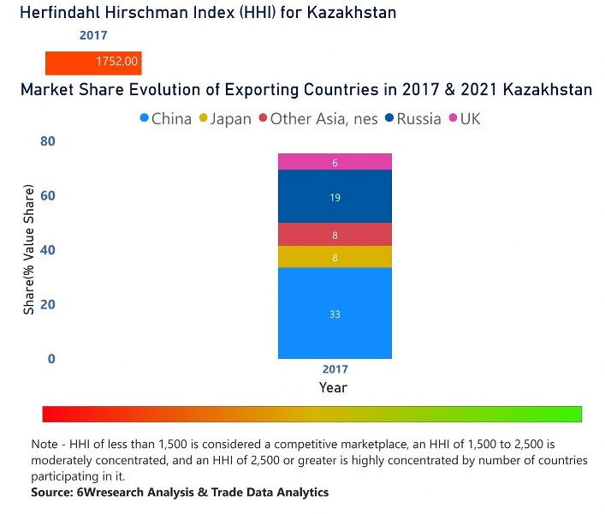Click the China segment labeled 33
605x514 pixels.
(335, 314)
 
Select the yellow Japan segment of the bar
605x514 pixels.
(335, 257)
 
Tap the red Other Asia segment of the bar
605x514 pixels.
(335, 235)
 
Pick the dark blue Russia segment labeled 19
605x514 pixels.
(335, 197)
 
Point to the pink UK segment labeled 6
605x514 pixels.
(335, 162)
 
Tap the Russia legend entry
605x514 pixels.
(412, 119)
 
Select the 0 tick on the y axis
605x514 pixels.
(50, 359)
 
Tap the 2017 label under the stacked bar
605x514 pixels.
(335, 370)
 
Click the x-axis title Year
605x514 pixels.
(334, 387)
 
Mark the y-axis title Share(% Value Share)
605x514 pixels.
(29, 249)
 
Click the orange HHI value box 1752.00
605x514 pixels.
(93, 63)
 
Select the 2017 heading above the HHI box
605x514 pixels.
(93, 36)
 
